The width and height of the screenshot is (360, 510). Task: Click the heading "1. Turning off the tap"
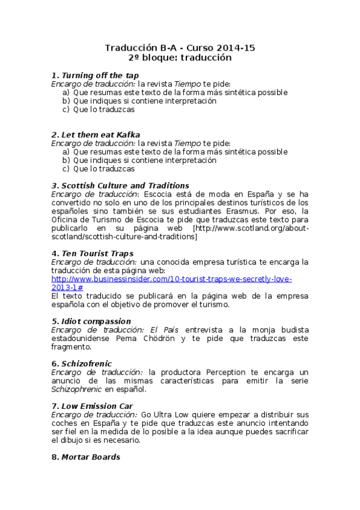click(x=95, y=75)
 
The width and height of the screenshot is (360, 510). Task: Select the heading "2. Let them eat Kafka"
click(x=96, y=135)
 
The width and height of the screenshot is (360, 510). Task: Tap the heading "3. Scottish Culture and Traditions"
click(x=120, y=185)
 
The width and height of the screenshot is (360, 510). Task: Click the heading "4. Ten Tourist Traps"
click(x=93, y=253)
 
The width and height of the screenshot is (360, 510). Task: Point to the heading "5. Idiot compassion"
click(x=91, y=321)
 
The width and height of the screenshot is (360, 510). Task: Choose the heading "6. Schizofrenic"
click(x=81, y=364)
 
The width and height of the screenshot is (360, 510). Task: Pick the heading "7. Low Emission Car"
click(x=92, y=406)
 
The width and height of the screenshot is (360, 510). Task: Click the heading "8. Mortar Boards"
click(x=85, y=457)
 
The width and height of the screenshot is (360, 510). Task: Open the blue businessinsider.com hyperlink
click(x=171, y=279)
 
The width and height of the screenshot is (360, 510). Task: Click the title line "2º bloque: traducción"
click(x=180, y=58)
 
